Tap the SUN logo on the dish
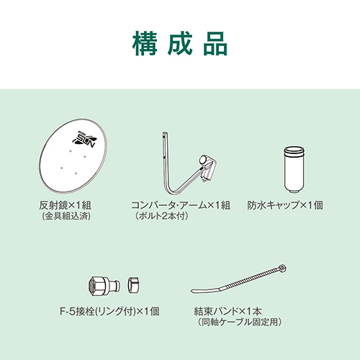pyautogui.click(x=84, y=139)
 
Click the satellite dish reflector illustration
pyautogui.click(x=73, y=156)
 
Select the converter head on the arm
pyautogui.click(x=207, y=168)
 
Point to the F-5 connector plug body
pyautogui.click(x=104, y=285)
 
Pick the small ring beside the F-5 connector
pyautogui.click(x=133, y=285)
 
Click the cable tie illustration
pyautogui.click(x=239, y=279)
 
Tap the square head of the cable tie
pyautogui.click(x=282, y=268)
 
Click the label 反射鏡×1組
pyautogui.click(x=65, y=205)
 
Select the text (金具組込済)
pyautogui.click(x=66, y=217)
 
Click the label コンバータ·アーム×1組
pyautogui.click(x=181, y=205)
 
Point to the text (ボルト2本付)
pyautogui.click(x=161, y=216)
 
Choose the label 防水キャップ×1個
pyautogui.click(x=285, y=205)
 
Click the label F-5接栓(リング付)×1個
pyautogui.click(x=109, y=312)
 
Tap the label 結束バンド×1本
pyautogui.click(x=228, y=312)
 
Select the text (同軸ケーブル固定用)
pyautogui.click(x=240, y=322)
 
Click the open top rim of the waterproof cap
pyautogui.click(x=294, y=150)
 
